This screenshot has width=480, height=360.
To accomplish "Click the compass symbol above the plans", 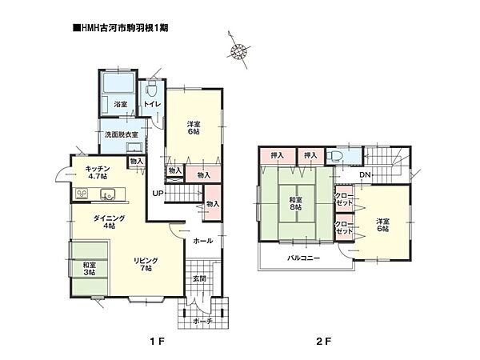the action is [238, 50].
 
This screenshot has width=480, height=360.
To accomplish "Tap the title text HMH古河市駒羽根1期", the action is [120, 28].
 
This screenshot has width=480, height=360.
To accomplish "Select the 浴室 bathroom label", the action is [121, 104].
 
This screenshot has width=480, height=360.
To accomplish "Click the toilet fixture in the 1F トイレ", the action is [151, 90].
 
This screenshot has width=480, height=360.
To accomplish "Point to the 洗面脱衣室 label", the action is [122, 134].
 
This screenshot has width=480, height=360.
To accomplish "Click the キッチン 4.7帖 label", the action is [98, 172].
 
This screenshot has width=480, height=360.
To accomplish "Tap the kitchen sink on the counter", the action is [107, 194].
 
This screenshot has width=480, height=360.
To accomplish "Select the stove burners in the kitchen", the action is [82, 194].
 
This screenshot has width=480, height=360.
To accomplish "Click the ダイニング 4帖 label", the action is [109, 222].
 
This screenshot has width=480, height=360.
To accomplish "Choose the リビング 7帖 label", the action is [146, 265].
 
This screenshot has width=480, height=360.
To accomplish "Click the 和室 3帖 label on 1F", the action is [89, 269].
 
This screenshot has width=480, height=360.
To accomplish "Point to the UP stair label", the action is [158, 194].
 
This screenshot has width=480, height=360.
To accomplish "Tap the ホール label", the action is [203, 241].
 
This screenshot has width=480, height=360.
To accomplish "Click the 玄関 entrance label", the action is [199, 279].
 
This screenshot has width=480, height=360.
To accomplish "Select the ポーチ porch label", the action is [203, 321].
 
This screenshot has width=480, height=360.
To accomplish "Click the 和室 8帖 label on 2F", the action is [296, 203].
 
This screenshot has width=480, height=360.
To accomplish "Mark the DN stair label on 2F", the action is [365, 174].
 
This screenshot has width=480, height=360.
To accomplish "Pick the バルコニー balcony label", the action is [304, 258].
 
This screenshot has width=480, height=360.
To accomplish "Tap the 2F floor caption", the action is [324, 341].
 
